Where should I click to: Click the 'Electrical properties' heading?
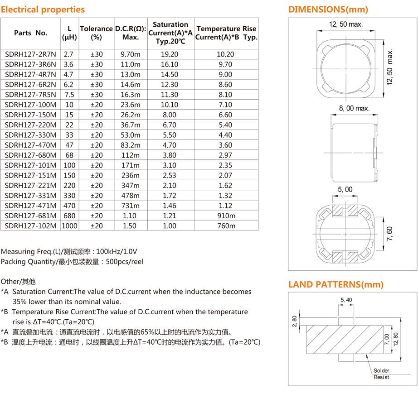click(x=43, y=10)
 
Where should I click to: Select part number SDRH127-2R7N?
click(x=30, y=54)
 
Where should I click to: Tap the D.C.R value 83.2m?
click(x=131, y=145)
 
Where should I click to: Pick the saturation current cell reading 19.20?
click(x=170, y=54)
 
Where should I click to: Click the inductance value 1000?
click(x=69, y=226)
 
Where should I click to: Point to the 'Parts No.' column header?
click(x=30, y=33)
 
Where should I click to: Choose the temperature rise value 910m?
click(x=226, y=216)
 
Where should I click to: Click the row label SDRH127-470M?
click(x=30, y=145)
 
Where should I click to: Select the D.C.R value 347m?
click(x=131, y=186)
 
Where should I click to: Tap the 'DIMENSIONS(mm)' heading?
click(x=328, y=10)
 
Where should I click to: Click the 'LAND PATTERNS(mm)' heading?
click(x=336, y=285)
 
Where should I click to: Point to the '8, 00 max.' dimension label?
click(x=354, y=108)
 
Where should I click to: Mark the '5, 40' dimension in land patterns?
click(x=346, y=300)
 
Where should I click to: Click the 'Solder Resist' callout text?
click(x=381, y=374)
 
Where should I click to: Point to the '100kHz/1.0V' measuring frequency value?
click(x=117, y=251)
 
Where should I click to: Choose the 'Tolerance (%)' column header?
click(x=96, y=33)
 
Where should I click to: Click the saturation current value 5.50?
click(x=170, y=135)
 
